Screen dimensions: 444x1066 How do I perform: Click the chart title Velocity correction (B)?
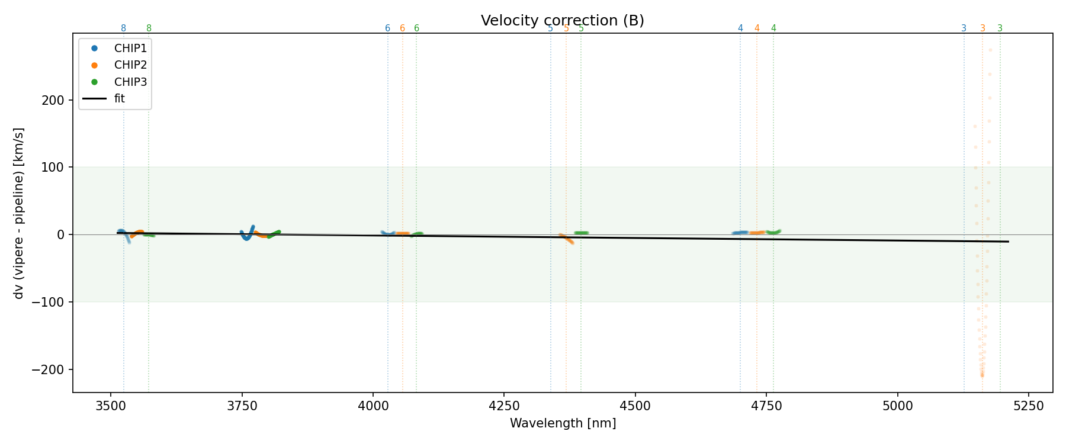click(x=562, y=21)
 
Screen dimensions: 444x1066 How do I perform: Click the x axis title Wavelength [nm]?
click(x=563, y=423)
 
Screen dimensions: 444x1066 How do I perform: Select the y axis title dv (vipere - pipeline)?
click(x=19, y=213)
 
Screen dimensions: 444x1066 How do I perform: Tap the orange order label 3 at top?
click(x=982, y=28)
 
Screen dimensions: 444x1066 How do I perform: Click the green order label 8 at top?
click(x=149, y=28)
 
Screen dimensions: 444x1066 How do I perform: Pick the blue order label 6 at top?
click(x=387, y=28)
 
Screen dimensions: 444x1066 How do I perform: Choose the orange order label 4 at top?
click(x=757, y=28)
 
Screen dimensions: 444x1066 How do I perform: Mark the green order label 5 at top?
click(x=581, y=28)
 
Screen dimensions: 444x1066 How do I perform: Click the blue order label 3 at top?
click(x=964, y=28)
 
